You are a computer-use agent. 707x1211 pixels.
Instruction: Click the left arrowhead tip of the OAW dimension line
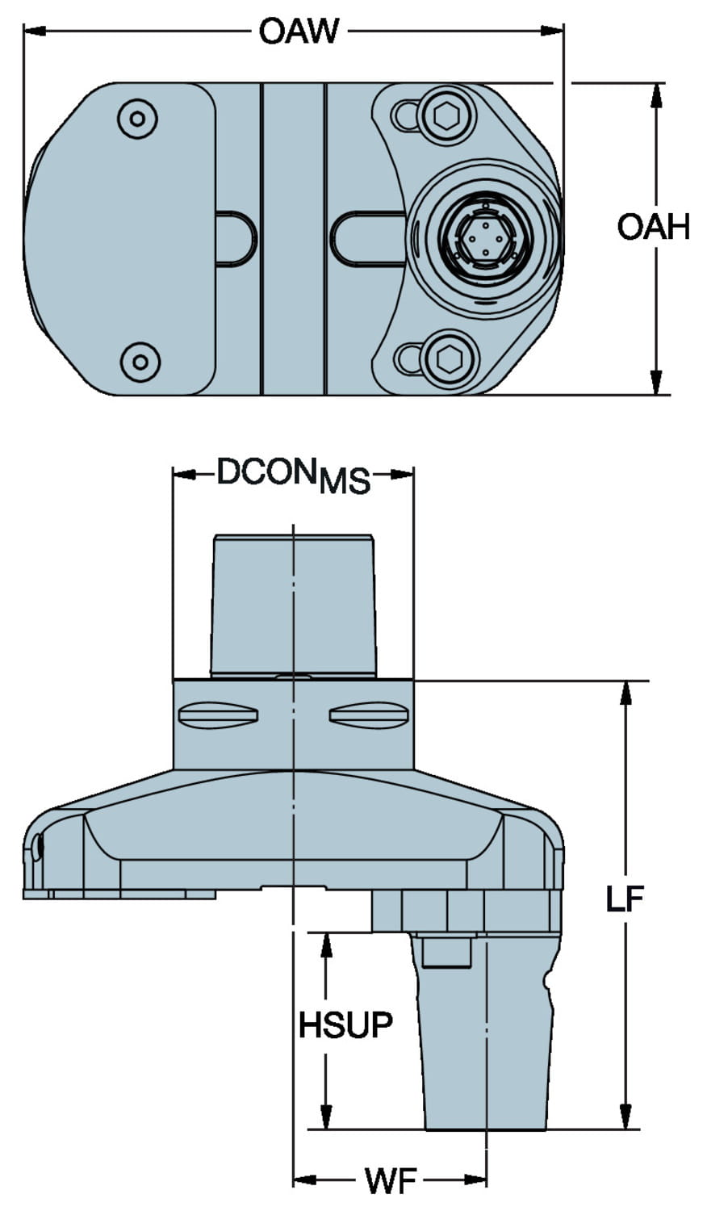point(23,31)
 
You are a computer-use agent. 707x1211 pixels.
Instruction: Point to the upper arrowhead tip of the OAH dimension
point(657,84)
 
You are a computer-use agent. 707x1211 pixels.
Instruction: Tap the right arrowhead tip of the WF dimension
point(487,1192)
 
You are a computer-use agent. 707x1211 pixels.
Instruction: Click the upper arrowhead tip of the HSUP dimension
point(326,933)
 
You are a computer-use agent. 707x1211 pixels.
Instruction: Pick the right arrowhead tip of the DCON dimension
point(413,474)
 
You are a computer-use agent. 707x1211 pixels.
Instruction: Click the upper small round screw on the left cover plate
point(138,119)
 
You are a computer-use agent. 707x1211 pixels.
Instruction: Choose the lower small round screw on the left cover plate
point(140,362)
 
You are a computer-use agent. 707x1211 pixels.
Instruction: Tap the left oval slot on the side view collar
point(218,714)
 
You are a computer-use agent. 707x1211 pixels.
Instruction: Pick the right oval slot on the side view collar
point(369,714)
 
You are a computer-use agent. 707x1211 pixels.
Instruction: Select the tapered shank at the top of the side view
point(293,606)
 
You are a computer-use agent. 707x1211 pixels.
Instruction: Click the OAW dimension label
point(299,31)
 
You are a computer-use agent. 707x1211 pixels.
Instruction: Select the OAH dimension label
point(654,227)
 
